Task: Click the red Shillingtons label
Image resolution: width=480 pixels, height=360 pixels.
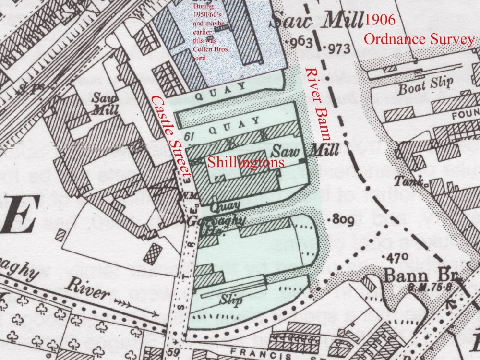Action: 245,163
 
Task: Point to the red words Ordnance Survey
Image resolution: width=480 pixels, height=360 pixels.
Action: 419,39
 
